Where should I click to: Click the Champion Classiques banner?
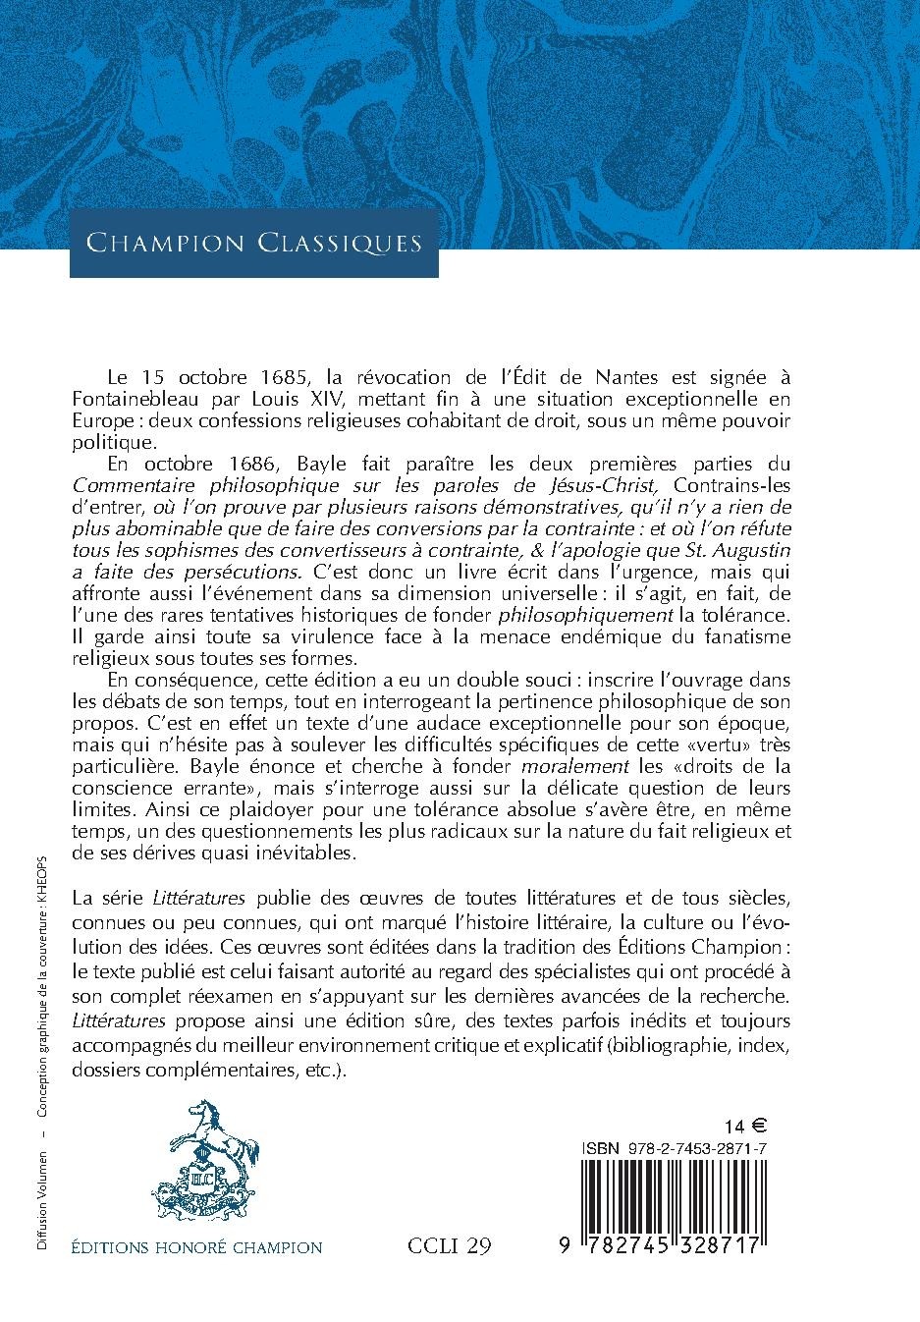pyautogui.click(x=253, y=243)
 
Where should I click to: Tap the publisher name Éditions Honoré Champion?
pyautogui.click(x=197, y=1247)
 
